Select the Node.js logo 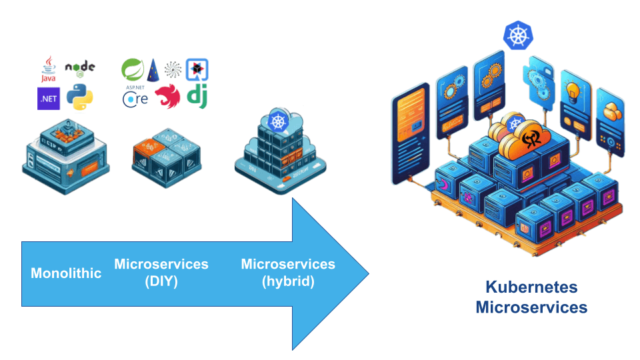coord(80,68)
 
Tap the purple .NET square coord(48,99)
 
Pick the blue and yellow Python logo coord(80,98)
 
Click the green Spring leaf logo coord(133,69)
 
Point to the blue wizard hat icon coord(153,69)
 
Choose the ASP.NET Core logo coord(135,97)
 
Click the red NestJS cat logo coord(167,97)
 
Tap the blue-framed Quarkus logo coord(197,69)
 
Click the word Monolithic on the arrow coord(66,273)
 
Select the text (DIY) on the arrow coord(161,281)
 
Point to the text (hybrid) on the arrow coord(287,281)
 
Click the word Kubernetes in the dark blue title coord(531,287)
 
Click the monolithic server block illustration coord(65,155)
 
